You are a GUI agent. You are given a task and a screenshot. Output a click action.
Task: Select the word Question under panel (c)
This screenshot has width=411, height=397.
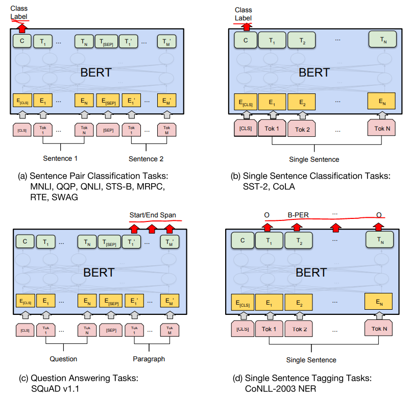(x=63, y=359)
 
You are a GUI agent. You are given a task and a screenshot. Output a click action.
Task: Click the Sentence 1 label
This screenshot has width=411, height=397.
(x=61, y=159)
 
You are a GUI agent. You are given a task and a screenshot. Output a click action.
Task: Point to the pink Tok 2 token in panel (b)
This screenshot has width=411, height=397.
(x=302, y=129)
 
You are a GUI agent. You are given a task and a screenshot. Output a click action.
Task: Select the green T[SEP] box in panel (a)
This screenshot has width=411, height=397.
(x=108, y=41)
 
